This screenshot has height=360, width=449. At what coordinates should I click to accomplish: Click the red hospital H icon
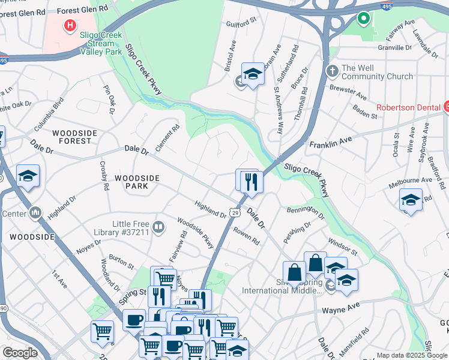click(71, 26)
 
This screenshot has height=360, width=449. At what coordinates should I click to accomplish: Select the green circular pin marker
click(363, 19)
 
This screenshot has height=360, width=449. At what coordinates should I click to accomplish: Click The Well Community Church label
click(376, 72)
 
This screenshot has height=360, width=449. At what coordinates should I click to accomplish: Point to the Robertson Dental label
click(409, 108)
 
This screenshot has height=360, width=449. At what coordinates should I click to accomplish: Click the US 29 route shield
click(235, 213)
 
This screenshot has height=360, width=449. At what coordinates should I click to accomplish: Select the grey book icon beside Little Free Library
click(158, 226)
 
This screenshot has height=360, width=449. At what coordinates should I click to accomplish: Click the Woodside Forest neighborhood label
click(71, 137)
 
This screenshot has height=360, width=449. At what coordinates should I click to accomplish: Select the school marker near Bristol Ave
click(253, 74)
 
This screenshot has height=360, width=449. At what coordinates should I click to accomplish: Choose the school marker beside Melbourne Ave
click(411, 200)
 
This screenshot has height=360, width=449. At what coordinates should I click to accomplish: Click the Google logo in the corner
click(19, 353)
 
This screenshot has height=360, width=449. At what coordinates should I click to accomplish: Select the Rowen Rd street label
click(246, 236)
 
